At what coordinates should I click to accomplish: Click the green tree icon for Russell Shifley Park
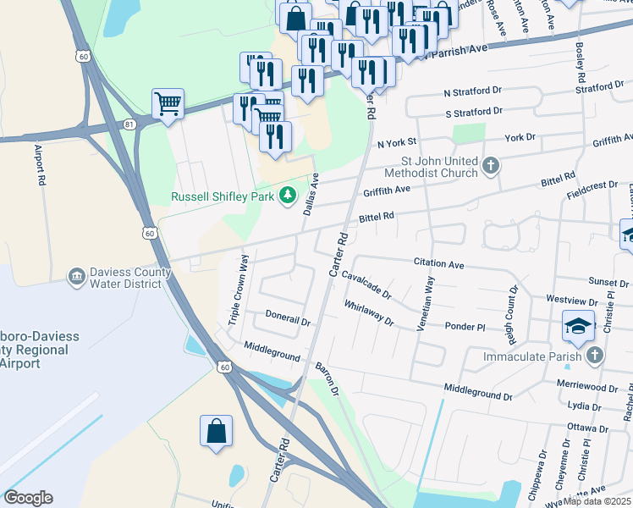289,196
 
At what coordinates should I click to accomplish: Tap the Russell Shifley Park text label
224,196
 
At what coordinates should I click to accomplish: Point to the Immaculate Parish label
531,356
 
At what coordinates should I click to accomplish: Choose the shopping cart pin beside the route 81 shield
168,104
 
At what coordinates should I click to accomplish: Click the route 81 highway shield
129,124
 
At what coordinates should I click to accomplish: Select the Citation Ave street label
438,264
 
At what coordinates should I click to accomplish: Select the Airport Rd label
39,164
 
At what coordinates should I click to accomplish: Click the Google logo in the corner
28,498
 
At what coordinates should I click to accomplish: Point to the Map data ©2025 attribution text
597,501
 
